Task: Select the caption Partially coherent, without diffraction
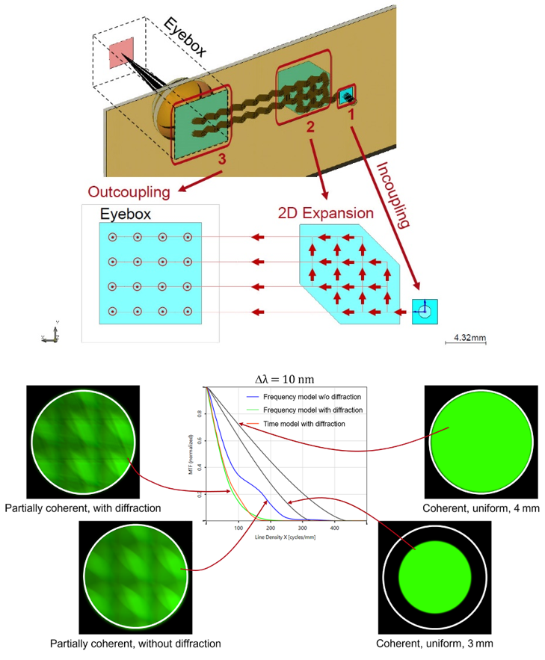pos(135,643)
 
